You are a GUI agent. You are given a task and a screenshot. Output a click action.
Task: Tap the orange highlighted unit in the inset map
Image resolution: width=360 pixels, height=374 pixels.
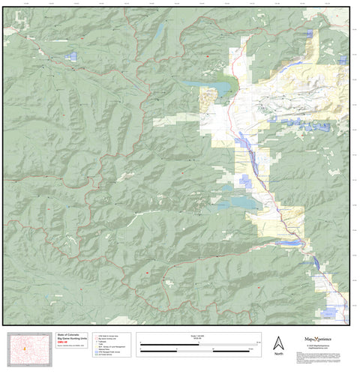26,349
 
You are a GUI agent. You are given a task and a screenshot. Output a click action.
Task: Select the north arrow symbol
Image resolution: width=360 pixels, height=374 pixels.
278,343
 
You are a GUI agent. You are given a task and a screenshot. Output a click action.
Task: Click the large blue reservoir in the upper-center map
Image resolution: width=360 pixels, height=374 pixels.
211,90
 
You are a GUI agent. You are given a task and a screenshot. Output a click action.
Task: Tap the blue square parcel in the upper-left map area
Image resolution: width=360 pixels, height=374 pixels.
72,55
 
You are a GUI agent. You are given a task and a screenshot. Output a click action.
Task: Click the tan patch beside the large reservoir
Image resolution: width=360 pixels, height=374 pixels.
205,100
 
